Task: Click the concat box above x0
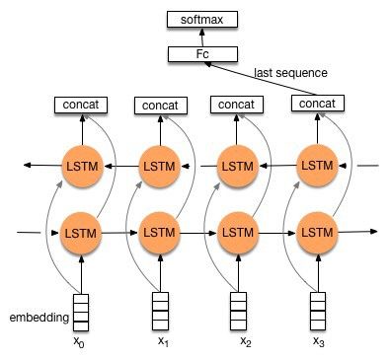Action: click(x=81, y=105)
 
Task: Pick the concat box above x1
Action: click(x=159, y=105)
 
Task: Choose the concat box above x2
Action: click(x=237, y=105)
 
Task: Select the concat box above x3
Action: click(x=316, y=104)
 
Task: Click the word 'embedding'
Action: click(x=38, y=319)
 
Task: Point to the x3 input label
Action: click(x=317, y=341)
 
